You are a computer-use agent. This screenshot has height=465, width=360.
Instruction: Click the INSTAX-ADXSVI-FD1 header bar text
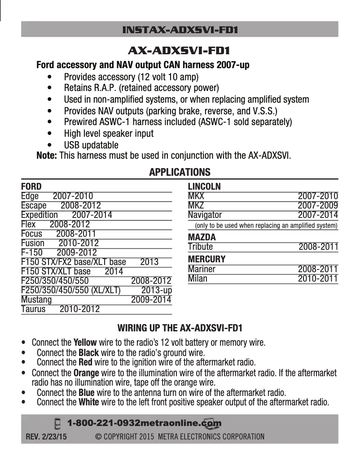180,30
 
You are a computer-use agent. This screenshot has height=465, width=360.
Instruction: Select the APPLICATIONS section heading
180,172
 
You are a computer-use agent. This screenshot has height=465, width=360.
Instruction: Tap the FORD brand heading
31,187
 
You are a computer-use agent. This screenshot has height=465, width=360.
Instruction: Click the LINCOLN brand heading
204,187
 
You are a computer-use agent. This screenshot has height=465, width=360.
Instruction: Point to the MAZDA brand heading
202,237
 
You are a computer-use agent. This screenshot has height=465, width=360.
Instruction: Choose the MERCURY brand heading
206,259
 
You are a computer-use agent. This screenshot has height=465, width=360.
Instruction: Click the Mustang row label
36,300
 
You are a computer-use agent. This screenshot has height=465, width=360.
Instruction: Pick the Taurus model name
33,309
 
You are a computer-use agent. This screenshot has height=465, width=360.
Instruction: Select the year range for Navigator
318,215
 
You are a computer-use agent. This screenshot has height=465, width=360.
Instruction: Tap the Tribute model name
200,247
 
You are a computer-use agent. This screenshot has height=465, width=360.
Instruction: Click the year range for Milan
318,278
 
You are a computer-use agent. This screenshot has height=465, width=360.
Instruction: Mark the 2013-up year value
156,290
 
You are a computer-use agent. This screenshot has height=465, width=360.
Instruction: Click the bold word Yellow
85,343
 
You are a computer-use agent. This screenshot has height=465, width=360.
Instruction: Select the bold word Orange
86,373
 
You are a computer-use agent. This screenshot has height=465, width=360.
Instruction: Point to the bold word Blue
86,393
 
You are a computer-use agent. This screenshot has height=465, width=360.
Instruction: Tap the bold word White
88,402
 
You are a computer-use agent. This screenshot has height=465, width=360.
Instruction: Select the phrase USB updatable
91,145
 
